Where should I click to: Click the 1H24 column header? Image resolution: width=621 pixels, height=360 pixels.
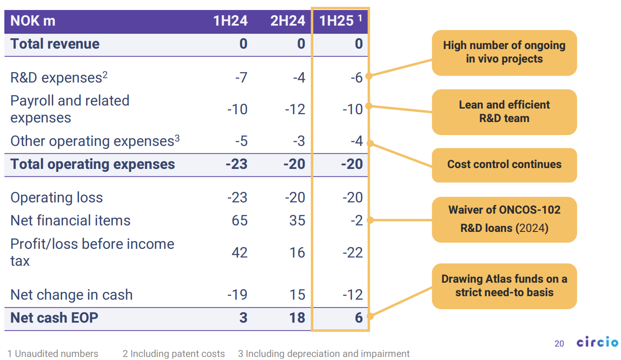click(x=230, y=21)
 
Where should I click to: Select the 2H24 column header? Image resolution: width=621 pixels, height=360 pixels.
click(x=288, y=21)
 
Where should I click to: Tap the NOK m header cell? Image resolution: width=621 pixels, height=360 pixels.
click(x=33, y=21)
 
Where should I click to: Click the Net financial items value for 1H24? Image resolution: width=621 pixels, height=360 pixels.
click(x=238, y=220)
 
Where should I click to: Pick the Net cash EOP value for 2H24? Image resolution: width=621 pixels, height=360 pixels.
click(x=297, y=318)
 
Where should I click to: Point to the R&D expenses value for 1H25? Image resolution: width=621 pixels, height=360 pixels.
click(x=357, y=78)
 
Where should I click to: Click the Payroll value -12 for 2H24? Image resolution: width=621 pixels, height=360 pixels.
click(x=295, y=109)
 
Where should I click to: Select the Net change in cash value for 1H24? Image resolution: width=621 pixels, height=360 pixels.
click(x=237, y=295)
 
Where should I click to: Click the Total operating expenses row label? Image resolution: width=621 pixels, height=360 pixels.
click(x=93, y=164)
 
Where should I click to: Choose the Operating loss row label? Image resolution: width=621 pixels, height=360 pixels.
click(x=56, y=198)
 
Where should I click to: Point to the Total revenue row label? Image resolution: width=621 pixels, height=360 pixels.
click(x=55, y=44)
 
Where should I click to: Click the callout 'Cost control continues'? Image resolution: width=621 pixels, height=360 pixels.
click(x=504, y=165)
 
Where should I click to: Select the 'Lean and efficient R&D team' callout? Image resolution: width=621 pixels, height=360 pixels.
click(x=504, y=112)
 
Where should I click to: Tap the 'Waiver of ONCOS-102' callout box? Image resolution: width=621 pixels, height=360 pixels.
click(x=504, y=219)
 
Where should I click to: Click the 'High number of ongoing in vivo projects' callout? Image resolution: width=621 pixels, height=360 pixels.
click(x=504, y=52)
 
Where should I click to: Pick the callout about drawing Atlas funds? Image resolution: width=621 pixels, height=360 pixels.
click(x=504, y=285)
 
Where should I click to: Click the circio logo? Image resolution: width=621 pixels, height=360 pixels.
click(x=597, y=343)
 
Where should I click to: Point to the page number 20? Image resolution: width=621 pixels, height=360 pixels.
click(x=559, y=343)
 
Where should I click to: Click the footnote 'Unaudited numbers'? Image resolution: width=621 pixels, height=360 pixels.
click(x=53, y=354)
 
